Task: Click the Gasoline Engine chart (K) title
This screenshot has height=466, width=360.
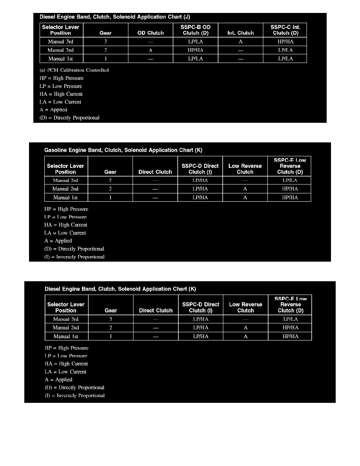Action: click(x=124, y=150)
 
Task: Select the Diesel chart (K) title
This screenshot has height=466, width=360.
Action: click(x=120, y=289)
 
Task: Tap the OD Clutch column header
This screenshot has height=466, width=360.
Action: click(x=151, y=33)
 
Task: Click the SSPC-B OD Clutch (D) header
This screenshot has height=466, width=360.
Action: click(x=195, y=30)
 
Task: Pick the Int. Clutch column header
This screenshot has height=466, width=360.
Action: click(x=240, y=33)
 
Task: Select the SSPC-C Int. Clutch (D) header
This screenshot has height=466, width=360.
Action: click(x=285, y=30)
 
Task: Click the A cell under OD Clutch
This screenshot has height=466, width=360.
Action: click(x=151, y=50)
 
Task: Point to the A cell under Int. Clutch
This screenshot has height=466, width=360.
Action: click(x=240, y=42)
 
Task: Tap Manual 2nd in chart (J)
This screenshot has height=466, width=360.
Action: click(x=61, y=50)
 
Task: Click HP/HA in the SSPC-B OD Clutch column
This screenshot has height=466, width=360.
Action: click(x=195, y=50)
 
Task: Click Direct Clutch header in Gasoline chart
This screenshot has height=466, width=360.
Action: click(x=155, y=172)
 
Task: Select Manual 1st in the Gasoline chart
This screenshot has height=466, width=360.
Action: click(x=65, y=198)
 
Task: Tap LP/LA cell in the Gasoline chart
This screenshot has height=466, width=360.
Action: click(x=290, y=180)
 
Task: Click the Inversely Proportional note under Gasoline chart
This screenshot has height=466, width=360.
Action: click(x=74, y=257)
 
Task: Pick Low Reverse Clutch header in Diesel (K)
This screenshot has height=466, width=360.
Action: click(x=245, y=307)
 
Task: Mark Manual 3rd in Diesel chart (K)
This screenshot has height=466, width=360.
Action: click(x=66, y=319)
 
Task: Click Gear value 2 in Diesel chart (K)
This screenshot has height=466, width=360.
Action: click(x=111, y=328)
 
